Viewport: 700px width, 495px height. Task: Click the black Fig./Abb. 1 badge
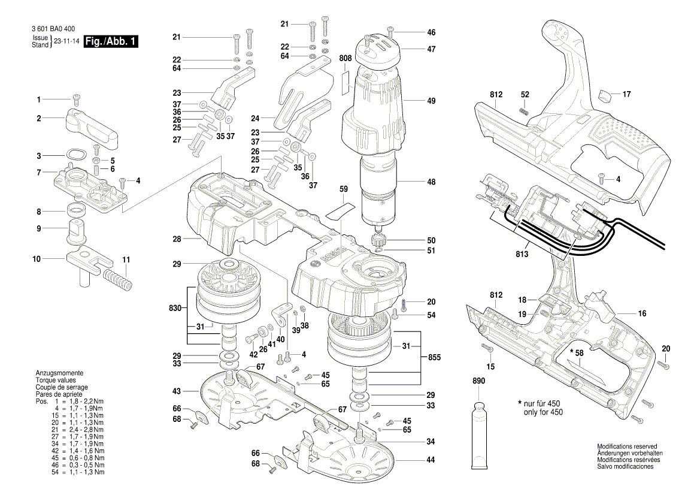(x=111, y=41)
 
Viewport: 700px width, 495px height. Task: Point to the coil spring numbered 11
(x=117, y=279)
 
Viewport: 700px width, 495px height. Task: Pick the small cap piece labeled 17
(x=605, y=94)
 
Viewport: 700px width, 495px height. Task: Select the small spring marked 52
(x=522, y=110)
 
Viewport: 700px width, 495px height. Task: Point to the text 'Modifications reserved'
(x=626, y=447)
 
